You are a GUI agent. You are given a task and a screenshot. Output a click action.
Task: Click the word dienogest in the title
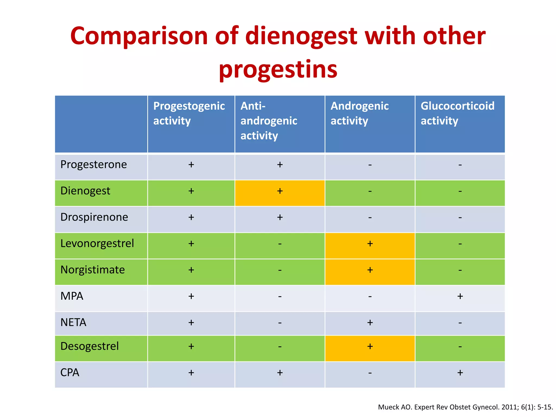(301, 37)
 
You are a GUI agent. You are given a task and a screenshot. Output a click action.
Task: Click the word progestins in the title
(278, 70)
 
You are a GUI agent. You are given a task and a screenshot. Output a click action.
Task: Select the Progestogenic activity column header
(189, 113)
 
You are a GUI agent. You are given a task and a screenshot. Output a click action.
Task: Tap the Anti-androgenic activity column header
(269, 121)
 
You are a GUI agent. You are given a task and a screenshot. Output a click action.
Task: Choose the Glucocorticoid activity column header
(457, 113)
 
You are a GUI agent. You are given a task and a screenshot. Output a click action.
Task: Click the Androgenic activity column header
(359, 113)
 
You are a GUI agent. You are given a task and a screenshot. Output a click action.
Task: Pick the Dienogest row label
(85, 191)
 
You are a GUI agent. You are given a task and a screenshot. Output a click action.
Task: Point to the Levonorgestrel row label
(97, 244)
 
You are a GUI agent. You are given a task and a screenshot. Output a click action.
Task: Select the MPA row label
(72, 296)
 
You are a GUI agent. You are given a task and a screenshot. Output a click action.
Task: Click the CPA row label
(70, 372)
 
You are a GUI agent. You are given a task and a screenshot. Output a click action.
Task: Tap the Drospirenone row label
(94, 217)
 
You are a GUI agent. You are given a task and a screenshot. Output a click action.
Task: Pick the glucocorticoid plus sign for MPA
(460, 296)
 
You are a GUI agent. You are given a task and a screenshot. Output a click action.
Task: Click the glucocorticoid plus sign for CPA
(460, 373)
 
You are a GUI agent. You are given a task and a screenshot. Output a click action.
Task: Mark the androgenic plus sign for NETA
(370, 323)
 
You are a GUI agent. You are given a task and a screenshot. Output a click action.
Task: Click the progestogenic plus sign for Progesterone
(191, 165)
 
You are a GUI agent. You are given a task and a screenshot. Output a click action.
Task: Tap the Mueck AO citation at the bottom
(465, 407)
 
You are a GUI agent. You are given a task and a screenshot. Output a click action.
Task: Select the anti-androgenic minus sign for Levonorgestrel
(280, 244)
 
